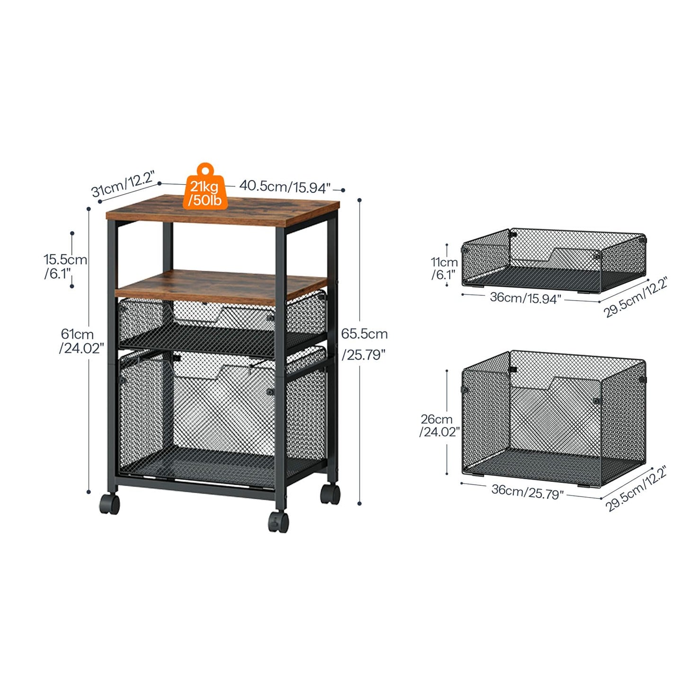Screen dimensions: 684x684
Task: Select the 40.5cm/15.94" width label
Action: click(284, 187)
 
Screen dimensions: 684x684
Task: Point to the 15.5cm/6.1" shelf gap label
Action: click(65, 266)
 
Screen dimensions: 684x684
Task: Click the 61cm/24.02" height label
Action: click(81, 341)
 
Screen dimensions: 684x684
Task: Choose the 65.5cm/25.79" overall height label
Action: click(364, 344)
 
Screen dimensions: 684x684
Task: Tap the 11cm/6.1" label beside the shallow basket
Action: click(444, 269)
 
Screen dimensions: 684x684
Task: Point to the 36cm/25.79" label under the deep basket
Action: click(527, 491)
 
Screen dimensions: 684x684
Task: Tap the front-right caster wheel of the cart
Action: click(278, 522)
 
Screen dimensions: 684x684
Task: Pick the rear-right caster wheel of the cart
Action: click(330, 495)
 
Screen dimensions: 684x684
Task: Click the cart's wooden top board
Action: click(222, 210)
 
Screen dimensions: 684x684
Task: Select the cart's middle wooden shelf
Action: click(221, 287)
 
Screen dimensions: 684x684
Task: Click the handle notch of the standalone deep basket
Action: click(573, 383)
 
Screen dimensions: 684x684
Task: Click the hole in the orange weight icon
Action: click(205, 170)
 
